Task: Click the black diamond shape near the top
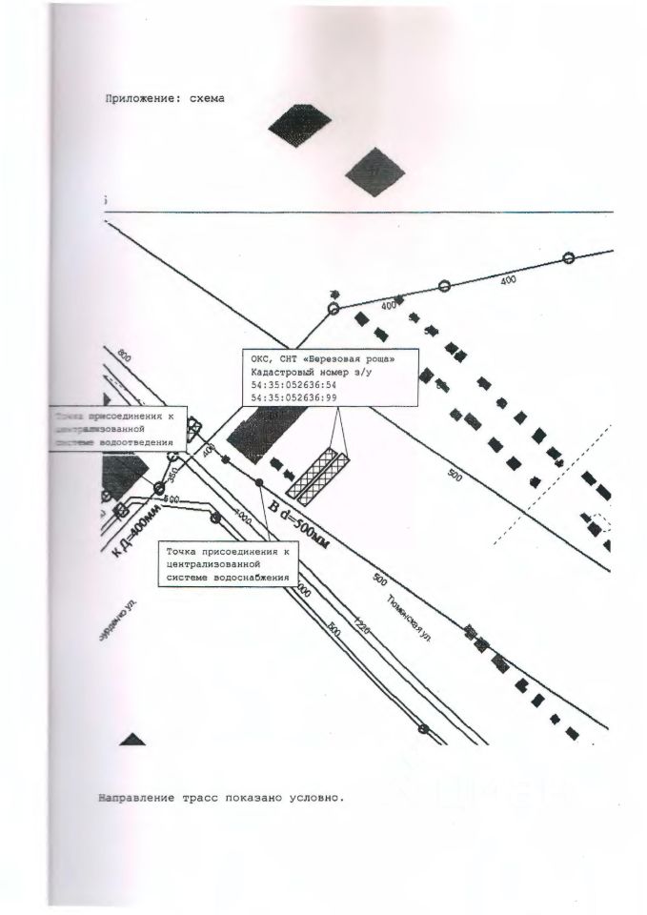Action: click(x=299, y=125)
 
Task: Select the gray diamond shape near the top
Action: click(x=374, y=172)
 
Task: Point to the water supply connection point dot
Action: click(x=259, y=483)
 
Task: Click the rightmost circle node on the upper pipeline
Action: click(x=569, y=257)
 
